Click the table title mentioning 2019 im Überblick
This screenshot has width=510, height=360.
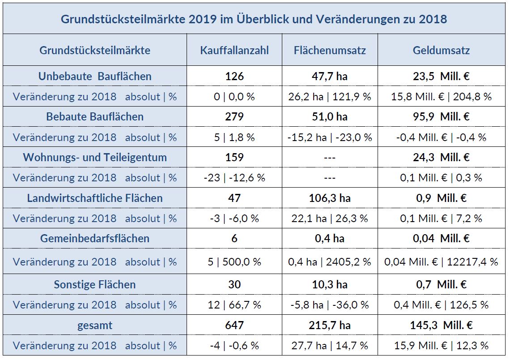tap(254, 19)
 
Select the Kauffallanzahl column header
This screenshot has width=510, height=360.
tap(234, 50)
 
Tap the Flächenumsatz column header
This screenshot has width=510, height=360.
tap(330, 50)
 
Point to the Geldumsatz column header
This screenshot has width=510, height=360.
tap(441, 50)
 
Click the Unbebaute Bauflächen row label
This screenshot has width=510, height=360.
tap(95, 76)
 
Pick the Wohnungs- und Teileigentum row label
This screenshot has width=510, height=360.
tap(95, 158)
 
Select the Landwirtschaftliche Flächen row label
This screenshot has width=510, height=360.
tap(95, 198)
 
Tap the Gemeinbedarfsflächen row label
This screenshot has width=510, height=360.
tap(95, 238)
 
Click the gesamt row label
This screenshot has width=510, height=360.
tap(95, 326)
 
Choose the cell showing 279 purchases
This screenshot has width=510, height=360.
tap(234, 117)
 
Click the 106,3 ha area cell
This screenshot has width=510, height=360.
tap(330, 198)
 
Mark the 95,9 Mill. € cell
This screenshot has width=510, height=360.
tap(441, 117)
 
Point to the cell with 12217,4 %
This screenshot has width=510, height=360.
tap(441, 262)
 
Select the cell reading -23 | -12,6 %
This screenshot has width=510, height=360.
tap(234, 178)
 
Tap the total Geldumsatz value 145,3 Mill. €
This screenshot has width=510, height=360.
tap(441, 326)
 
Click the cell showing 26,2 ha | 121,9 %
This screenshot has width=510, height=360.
tap(330, 97)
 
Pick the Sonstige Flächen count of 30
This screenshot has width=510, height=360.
tap(234, 284)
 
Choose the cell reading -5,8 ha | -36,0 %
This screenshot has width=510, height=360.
tap(330, 305)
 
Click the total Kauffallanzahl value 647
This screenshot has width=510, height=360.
tap(234, 326)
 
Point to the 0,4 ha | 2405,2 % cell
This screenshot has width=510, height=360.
tap(330, 262)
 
